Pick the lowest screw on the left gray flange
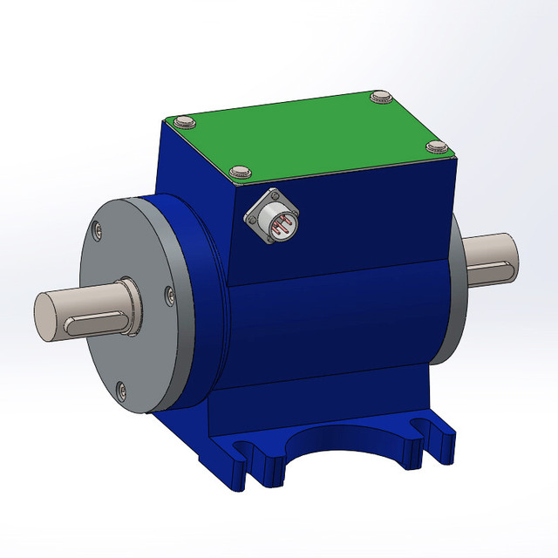coord(120,389)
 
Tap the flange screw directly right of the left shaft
coord(168,298)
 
